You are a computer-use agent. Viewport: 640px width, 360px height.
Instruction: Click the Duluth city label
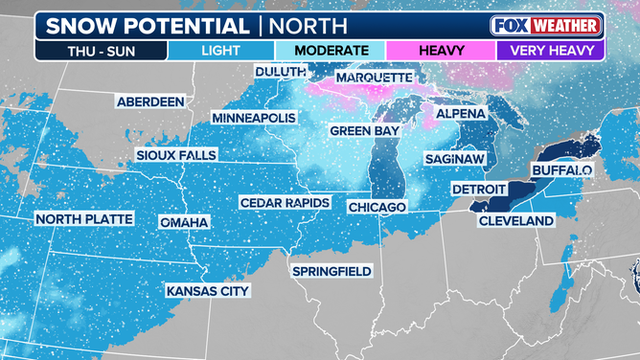280,72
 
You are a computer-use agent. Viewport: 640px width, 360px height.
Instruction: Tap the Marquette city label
373,78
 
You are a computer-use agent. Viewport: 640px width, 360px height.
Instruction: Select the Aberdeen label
150,101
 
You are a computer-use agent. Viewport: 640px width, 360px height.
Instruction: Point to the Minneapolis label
254,118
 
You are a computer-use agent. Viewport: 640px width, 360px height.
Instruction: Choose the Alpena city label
460,114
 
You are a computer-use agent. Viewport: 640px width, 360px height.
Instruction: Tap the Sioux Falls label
176,155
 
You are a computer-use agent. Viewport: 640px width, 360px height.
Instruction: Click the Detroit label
480,189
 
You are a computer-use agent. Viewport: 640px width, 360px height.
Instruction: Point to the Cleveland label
517,221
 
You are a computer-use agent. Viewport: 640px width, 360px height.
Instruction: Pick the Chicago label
377,207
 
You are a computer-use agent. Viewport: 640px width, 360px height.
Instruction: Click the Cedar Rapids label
285,203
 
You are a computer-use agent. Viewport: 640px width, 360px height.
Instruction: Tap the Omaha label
184,222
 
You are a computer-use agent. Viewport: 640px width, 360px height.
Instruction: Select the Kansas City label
208,290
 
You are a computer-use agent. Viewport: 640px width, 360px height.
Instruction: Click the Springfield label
331,271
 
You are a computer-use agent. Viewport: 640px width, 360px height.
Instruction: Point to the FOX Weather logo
546,25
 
